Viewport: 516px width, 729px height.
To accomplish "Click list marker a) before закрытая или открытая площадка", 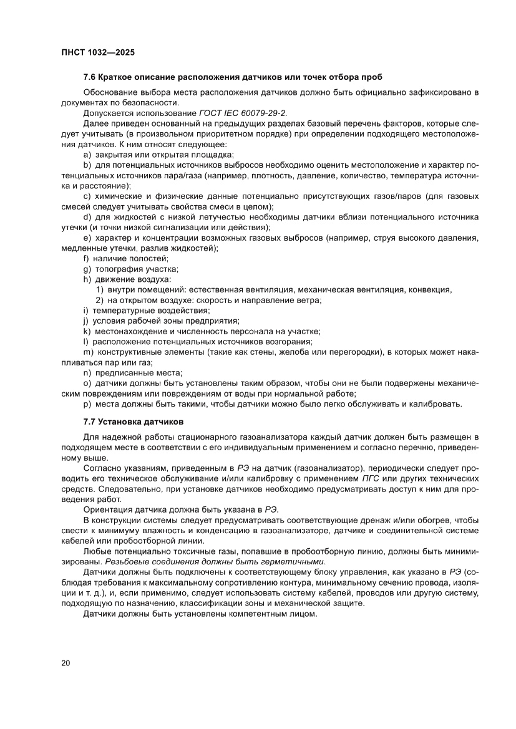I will point(87,154).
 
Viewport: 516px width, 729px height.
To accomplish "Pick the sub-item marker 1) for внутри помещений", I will point(99,290).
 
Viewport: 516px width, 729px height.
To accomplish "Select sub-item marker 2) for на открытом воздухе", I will point(99,300).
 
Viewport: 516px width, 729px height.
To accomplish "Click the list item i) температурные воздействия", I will point(146,311).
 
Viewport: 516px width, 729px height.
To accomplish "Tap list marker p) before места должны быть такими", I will point(87,404).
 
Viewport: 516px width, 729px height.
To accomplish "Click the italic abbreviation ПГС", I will point(388,478).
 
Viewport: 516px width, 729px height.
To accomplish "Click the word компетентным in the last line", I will point(244,614).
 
